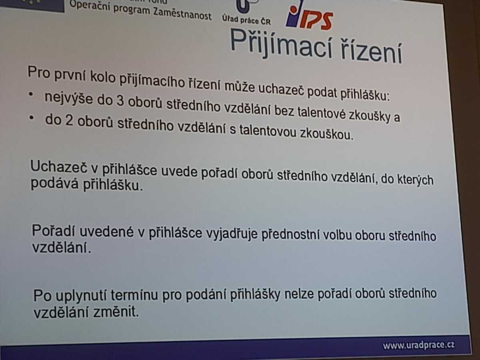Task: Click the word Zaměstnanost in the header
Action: tap(182, 14)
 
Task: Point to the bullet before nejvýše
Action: tap(31, 94)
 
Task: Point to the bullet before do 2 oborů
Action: tap(32, 118)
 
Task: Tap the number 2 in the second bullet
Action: tap(69, 121)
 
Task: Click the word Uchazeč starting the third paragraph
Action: tap(58, 166)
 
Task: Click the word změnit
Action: tap(116, 312)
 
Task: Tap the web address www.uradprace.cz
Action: tap(418, 345)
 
